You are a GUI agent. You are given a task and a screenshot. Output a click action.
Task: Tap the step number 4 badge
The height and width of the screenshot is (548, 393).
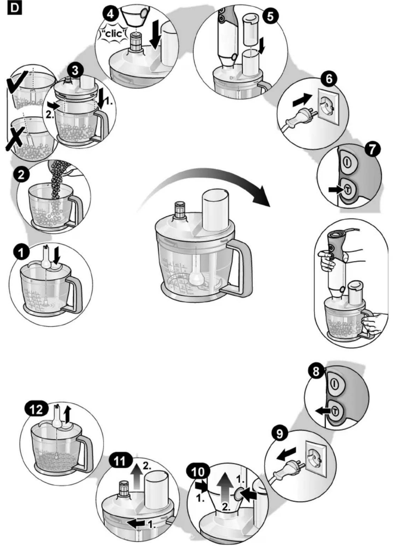110,13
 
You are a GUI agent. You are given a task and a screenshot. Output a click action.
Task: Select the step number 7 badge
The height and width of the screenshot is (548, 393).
373,149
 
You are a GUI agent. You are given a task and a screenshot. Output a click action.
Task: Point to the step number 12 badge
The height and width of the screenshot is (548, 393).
37,409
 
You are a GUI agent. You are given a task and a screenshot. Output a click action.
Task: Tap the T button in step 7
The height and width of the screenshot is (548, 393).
347,189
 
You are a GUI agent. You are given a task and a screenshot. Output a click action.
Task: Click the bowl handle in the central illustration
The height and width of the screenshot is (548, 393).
239,269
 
